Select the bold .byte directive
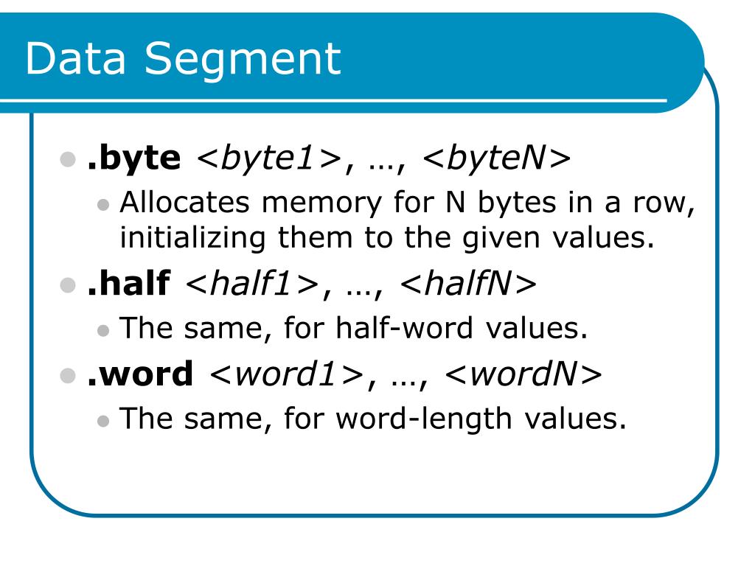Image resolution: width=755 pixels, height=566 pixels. pyautogui.click(x=133, y=158)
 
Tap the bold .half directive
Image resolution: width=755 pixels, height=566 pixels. pyautogui.click(x=128, y=284)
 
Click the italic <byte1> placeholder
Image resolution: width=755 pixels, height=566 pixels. pyautogui.click(x=268, y=158)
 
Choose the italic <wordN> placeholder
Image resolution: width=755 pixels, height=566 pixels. pyautogui.click(x=523, y=374)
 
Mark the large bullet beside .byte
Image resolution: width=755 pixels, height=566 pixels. pyautogui.click(x=68, y=159)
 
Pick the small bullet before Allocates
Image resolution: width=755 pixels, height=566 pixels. pyautogui.click(x=104, y=204)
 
